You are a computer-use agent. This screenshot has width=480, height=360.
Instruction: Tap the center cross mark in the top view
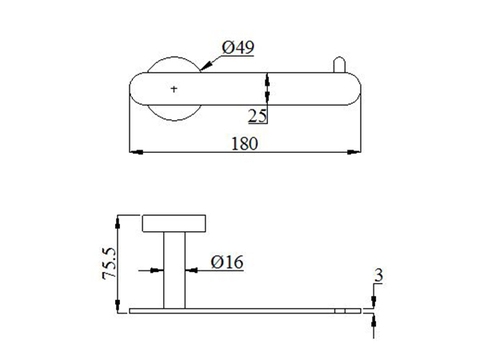click(176, 89)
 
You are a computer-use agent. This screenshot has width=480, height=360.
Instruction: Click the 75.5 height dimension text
click(109, 263)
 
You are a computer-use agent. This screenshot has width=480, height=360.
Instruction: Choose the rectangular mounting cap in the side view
click(176, 223)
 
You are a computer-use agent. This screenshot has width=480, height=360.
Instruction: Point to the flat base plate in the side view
click(245, 311)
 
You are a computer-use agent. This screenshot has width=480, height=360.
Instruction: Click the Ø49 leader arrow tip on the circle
click(203, 69)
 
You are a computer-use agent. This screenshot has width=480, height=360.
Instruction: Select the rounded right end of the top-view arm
click(353, 89)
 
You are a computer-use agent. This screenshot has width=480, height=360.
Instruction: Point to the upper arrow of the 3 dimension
click(373, 302)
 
